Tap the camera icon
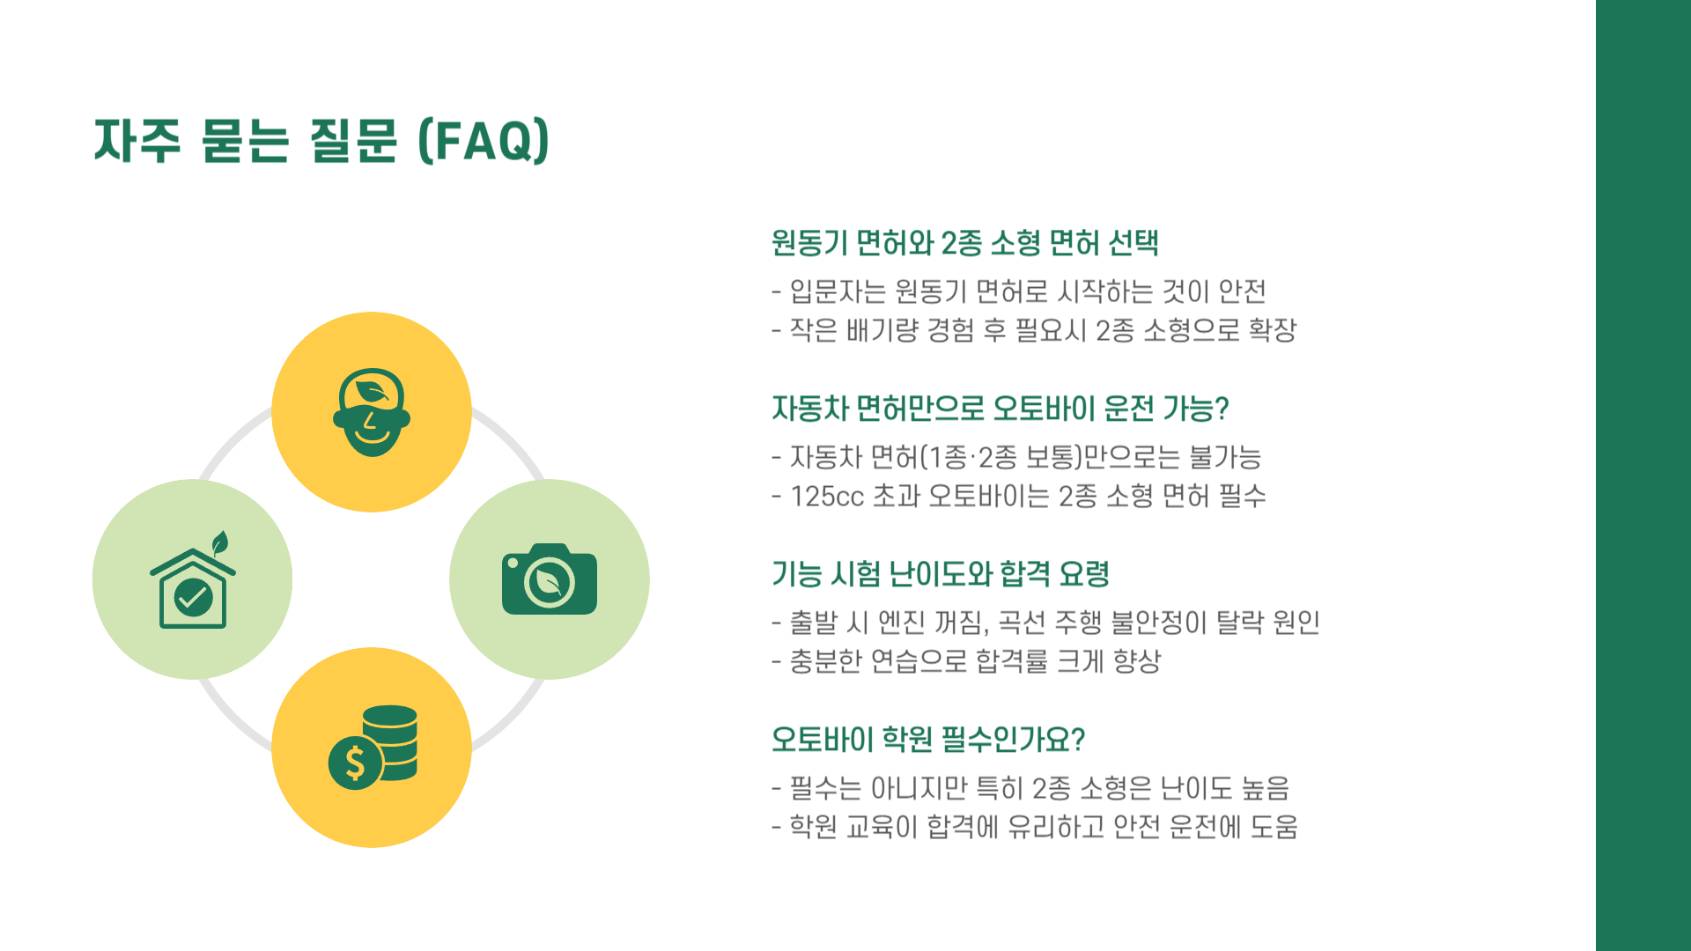549,579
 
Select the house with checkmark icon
193,586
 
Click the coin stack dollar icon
373,748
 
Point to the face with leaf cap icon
371,412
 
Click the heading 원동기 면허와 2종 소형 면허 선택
964,243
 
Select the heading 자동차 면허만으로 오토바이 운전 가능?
1000,409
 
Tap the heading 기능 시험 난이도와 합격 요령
940,574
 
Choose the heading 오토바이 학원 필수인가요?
927,740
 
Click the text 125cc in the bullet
826,497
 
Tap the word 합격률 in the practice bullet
1010,661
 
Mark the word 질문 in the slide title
353,141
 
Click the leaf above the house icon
220,542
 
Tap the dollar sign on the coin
355,763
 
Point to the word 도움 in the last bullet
1274,827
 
